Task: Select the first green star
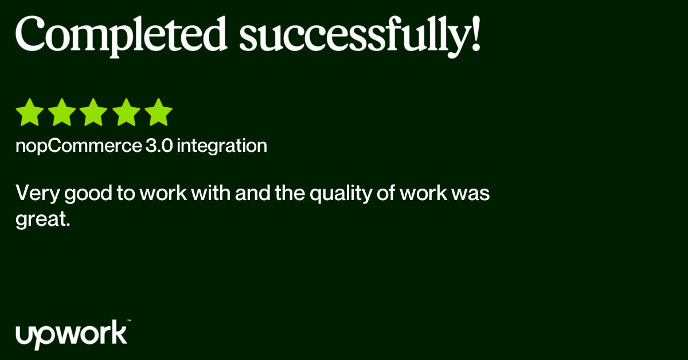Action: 30,112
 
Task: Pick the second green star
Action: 62,112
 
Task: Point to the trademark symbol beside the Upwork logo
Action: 129,322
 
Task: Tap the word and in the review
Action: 249,194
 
